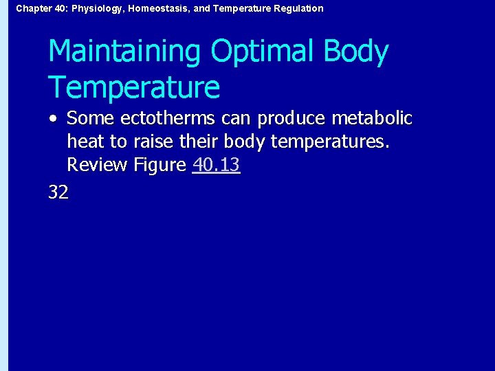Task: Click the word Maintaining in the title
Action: tap(124, 53)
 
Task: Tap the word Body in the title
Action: tap(355, 53)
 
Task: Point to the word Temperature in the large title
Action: tap(134, 88)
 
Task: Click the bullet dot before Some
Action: tap(53, 119)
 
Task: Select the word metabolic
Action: tap(371, 119)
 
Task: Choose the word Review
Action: tap(96, 165)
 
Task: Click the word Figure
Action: tap(159, 166)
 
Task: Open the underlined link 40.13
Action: tap(216, 165)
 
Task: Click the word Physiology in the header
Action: tap(96, 9)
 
